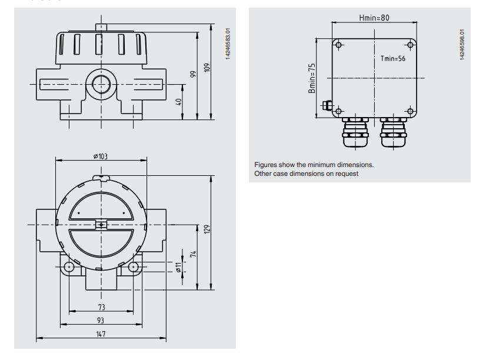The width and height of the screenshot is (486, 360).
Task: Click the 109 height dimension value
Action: pos(207,67)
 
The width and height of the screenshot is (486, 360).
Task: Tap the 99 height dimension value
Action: pos(194,74)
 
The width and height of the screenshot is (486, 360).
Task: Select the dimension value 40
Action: pos(179,102)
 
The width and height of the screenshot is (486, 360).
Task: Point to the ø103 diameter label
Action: pos(101,156)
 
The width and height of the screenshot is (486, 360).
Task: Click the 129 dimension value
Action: pos(207,229)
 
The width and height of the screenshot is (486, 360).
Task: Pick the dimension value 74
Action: pos(194,254)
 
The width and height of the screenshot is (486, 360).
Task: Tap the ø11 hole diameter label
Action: pos(178,268)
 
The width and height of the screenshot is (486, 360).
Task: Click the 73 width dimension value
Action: pos(101,307)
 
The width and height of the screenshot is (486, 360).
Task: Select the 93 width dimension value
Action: pos(101,321)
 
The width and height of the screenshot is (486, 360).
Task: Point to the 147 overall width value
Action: pos(101,334)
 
